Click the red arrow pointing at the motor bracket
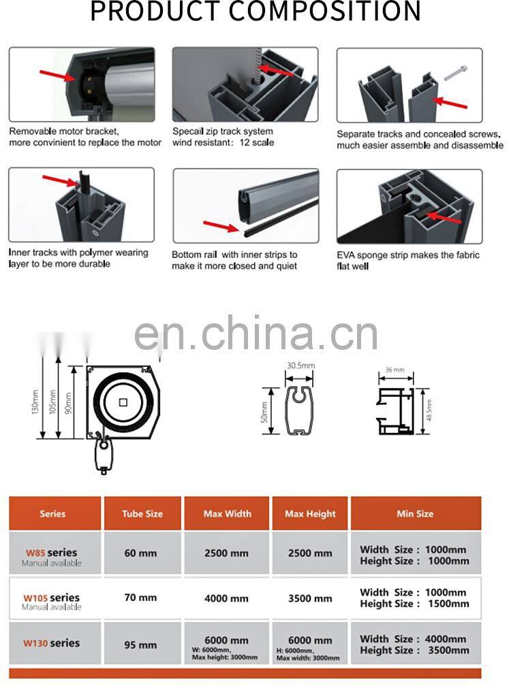pyautogui.click(x=58, y=76)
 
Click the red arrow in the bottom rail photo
pyautogui.click(x=221, y=227)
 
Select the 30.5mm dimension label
pyautogui.click(x=300, y=366)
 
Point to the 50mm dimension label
pyautogui.click(x=264, y=412)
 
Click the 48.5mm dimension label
pyautogui.click(x=429, y=410)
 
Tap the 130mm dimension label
pyautogui.click(x=35, y=402)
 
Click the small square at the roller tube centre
pyautogui.click(x=123, y=402)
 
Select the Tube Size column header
pyautogui.click(x=142, y=514)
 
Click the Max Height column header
pyautogui.click(x=310, y=514)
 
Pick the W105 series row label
pyautogui.click(x=52, y=598)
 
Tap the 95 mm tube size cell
pyautogui.click(x=140, y=645)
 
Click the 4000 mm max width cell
pyautogui.click(x=226, y=598)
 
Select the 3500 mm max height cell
pyautogui.click(x=310, y=598)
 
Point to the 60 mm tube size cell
pyautogui.click(x=140, y=553)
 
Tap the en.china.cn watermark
pyautogui.click(x=256, y=333)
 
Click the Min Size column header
pyautogui.click(x=415, y=514)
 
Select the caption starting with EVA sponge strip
pyautogui.click(x=407, y=261)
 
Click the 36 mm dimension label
pyautogui.click(x=394, y=370)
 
